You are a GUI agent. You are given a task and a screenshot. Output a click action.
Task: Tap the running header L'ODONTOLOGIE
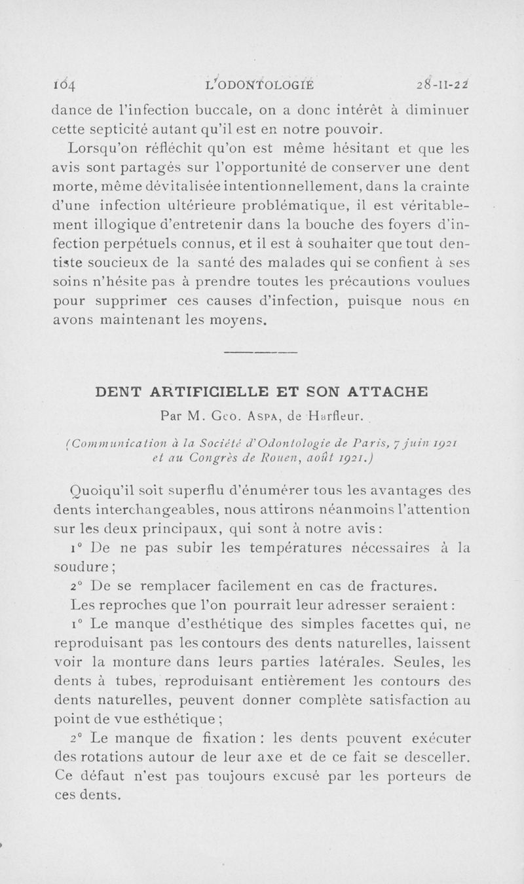point(259,83)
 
